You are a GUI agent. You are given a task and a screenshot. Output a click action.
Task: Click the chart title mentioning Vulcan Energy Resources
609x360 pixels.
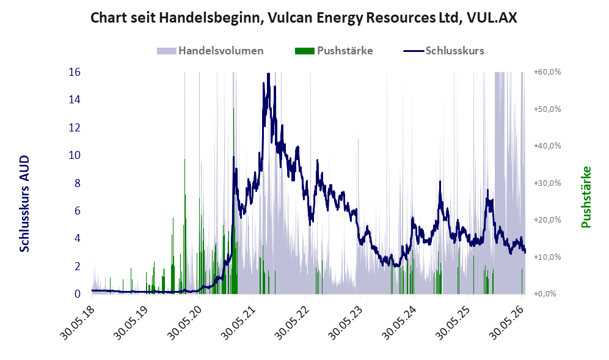click(304, 18)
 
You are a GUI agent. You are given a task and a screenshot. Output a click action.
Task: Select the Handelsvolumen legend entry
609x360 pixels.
click(210, 51)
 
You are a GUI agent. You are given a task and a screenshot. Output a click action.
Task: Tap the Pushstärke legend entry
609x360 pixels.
click(334, 51)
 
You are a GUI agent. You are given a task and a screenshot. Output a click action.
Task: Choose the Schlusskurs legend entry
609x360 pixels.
click(444, 51)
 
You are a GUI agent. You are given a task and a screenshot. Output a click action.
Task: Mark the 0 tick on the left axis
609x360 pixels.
click(78, 294)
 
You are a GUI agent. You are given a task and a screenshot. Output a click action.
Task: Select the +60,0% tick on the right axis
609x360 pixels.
click(547, 72)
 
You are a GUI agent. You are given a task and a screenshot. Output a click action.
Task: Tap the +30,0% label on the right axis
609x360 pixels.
click(547, 183)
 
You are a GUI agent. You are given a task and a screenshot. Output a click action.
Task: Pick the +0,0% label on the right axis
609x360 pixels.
click(545, 294)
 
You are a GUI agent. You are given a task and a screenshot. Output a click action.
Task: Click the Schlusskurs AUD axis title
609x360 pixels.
click(24, 204)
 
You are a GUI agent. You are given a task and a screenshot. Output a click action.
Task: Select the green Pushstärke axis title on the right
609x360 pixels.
click(586, 197)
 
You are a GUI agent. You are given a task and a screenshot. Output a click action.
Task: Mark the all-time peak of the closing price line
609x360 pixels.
click(268, 73)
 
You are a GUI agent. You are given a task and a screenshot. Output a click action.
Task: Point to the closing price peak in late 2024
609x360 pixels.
click(440, 182)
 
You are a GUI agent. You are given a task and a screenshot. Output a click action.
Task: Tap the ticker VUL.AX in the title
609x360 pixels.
click(492, 18)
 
